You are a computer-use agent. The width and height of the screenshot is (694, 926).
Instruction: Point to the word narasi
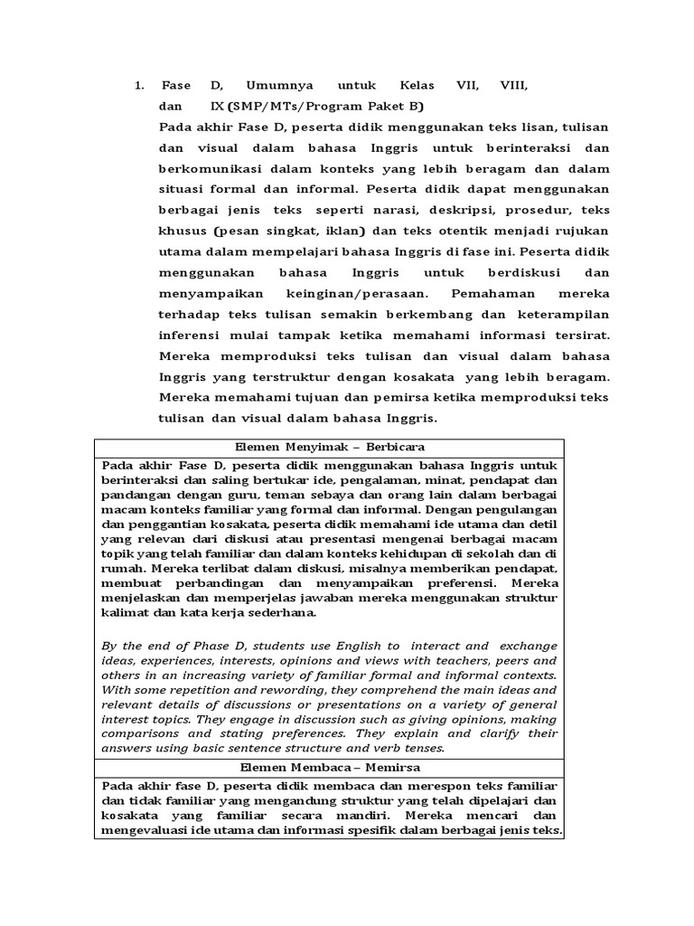pos(381,211)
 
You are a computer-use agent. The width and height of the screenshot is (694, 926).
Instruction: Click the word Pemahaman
pos(488,294)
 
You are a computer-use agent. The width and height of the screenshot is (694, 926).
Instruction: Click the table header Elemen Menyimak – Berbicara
pos(329,447)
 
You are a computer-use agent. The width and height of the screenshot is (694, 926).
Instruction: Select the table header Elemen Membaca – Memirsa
pos(329,768)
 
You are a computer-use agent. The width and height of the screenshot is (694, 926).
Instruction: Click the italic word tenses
pos(425,748)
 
